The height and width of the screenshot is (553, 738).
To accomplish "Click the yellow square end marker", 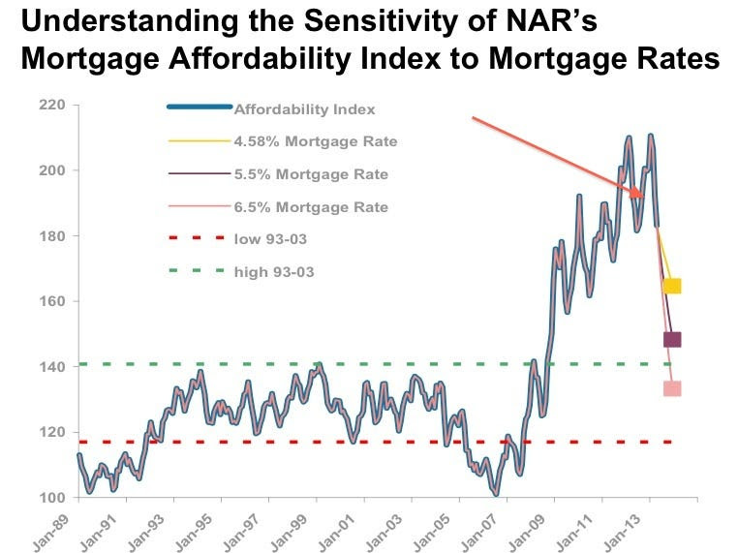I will point(671,286).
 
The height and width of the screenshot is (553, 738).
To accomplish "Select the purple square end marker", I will point(671,339).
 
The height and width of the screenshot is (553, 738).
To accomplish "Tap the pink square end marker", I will point(671,388).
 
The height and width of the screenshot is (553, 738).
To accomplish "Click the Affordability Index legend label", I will point(304,109).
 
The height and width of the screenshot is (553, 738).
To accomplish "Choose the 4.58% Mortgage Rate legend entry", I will point(316,141).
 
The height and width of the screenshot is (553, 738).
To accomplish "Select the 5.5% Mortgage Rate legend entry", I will point(311,174).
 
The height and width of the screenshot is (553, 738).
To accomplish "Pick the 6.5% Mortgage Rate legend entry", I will point(311,207).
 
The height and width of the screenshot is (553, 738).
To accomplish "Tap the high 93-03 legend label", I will point(274,272).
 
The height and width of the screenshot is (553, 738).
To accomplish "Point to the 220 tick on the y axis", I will point(53,105).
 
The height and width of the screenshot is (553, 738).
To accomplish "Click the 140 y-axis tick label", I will point(53,367).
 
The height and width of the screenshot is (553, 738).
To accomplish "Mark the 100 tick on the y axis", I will point(53,498).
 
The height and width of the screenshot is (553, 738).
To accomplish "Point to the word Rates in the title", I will point(673,58).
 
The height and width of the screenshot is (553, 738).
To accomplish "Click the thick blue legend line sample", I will point(199,107).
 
